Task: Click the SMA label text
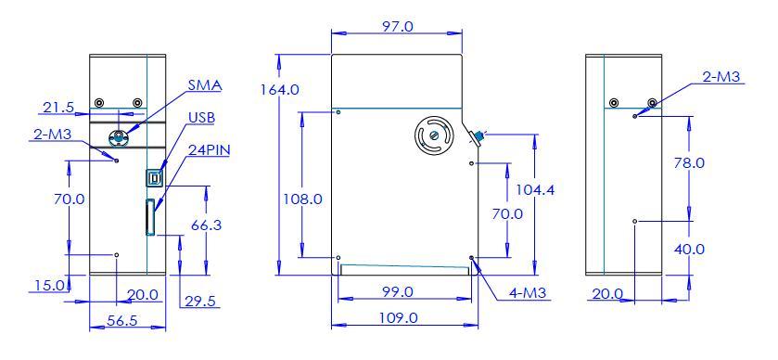point(205,85)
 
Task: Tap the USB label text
point(201,119)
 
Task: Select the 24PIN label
point(209,150)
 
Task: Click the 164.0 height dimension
point(280,90)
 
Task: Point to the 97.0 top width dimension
point(397,26)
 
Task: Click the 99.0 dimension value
point(397,291)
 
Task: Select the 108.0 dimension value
point(302,199)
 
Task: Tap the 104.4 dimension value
point(535,189)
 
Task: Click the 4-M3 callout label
point(528,293)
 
